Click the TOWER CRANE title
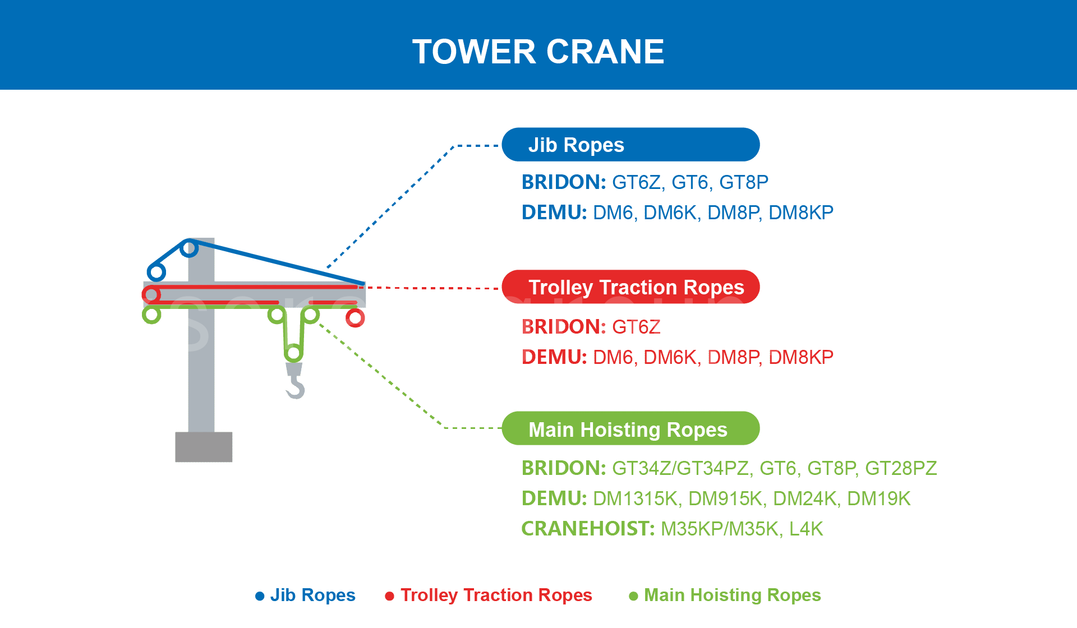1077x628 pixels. coord(538,52)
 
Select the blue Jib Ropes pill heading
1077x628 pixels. coord(630,145)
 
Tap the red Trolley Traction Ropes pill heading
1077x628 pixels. coord(630,287)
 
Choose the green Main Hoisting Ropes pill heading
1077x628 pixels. coord(630,429)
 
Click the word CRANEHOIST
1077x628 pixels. coord(587,529)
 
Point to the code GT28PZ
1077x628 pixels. coord(900,468)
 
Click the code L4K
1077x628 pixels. coord(806,529)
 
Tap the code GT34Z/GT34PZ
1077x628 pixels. coord(680,468)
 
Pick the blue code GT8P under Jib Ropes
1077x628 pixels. coord(743,182)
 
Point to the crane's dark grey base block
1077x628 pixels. coord(204,446)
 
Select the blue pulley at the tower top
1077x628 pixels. coord(190,247)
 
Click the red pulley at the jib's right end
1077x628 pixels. coord(355,318)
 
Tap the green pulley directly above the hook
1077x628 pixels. coord(293,353)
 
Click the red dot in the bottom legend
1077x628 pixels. coord(389,596)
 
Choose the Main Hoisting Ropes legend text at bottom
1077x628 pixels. coord(732,595)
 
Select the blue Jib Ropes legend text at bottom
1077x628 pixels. coord(312,595)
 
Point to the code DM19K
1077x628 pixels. coord(878,498)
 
